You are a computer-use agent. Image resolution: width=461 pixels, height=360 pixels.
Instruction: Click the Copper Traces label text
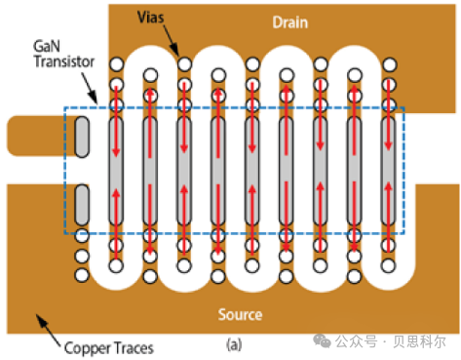[x=107, y=346]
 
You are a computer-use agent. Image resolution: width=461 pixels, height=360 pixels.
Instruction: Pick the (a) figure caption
[x=234, y=343]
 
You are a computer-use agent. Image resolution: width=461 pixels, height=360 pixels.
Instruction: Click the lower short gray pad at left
[x=82, y=202]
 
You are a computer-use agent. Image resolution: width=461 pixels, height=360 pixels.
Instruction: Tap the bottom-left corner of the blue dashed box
[x=65, y=234]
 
